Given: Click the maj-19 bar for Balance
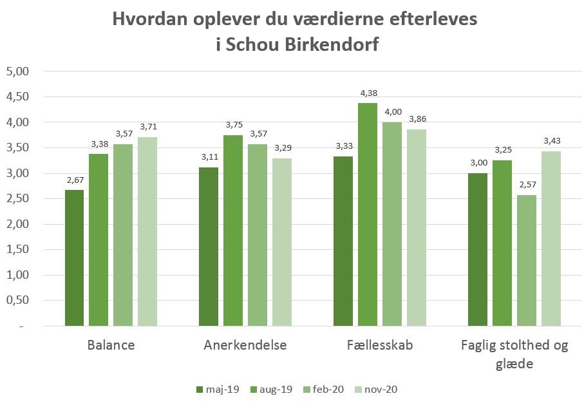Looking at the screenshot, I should (75, 258).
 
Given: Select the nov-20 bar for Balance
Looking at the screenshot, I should (148, 232).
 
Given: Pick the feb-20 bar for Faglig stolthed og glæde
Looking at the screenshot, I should (527, 260).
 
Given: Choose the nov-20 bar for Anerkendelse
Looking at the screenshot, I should (282, 242).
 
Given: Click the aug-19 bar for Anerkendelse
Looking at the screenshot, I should (233, 231).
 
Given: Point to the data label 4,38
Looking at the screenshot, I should (368, 94).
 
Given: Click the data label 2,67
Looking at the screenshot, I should (75, 181).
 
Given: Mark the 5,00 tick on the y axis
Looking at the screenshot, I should (18, 71).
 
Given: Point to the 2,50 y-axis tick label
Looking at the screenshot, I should (18, 199).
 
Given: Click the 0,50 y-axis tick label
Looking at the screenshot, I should (18, 301).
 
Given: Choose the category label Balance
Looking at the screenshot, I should (111, 345).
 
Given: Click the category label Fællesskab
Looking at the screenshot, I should (380, 345).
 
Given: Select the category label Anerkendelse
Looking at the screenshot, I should (245, 345).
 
